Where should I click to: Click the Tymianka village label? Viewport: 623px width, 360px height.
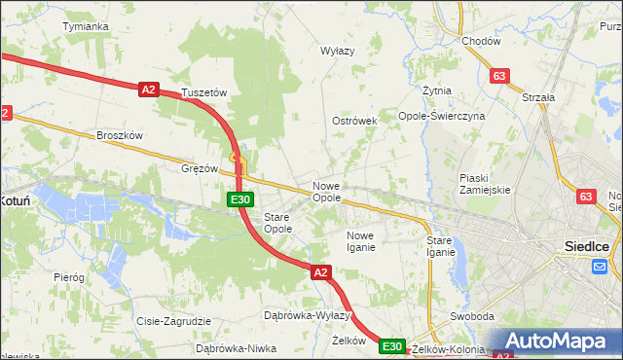85,26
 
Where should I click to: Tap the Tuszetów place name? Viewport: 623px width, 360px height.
204,93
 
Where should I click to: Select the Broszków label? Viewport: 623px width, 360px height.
120,135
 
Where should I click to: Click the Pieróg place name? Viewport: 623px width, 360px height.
69,277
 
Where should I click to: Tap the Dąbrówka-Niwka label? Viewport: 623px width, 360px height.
230,347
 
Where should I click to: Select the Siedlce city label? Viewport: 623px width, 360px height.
587,246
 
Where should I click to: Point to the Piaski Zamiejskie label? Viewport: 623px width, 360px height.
486,184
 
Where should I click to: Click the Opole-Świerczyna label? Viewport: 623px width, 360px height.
442,116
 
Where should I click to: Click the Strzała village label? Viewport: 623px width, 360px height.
538,97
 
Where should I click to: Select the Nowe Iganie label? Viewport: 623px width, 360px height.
361,242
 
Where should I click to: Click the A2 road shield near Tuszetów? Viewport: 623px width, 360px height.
148,90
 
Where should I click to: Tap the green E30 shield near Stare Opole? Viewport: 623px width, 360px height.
241,199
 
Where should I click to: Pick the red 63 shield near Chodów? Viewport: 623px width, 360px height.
500,75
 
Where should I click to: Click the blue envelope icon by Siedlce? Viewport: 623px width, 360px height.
600,268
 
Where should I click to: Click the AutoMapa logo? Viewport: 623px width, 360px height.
556,342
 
